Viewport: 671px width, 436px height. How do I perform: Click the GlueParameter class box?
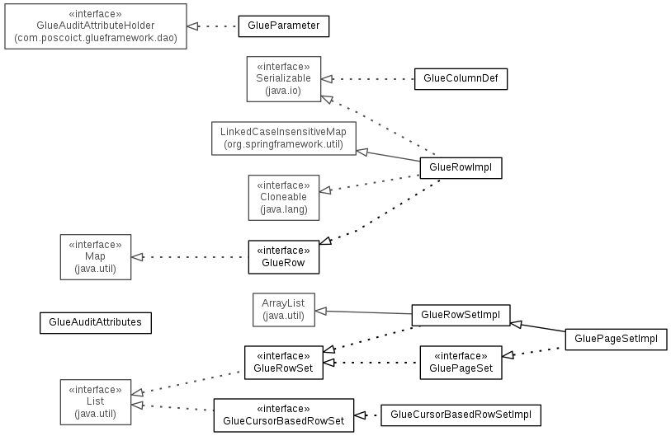pyautogui.click(x=284, y=26)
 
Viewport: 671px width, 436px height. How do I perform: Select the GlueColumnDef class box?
pyautogui.click(x=461, y=78)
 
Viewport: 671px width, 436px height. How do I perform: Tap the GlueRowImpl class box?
pyautogui.click(x=461, y=167)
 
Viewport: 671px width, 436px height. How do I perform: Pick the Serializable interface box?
pyautogui.click(x=284, y=79)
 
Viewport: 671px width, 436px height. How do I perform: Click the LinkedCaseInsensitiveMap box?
pyautogui.click(x=284, y=138)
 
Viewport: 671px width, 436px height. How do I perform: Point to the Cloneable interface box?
pyautogui.click(x=284, y=198)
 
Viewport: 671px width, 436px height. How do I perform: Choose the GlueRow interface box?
pyautogui.click(x=284, y=257)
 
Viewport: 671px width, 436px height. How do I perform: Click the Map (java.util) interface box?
pyautogui.click(x=96, y=257)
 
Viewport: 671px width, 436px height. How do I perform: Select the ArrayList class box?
pyautogui.click(x=284, y=309)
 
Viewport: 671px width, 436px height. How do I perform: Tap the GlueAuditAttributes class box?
pyautogui.click(x=96, y=323)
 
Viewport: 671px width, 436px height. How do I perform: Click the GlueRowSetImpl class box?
pyautogui.click(x=461, y=315)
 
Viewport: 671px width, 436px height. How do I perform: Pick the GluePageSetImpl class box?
pyautogui.click(x=616, y=339)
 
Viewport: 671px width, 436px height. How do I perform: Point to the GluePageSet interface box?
pyautogui.click(x=461, y=363)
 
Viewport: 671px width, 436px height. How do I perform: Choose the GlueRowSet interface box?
pyautogui.click(x=284, y=363)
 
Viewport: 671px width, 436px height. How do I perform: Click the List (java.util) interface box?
pyautogui.click(x=96, y=402)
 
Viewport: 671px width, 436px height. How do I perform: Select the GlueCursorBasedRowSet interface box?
pyautogui.click(x=284, y=415)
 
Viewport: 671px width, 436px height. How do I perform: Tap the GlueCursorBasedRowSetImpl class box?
pyautogui.click(x=461, y=415)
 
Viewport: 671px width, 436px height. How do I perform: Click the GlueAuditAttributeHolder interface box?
pyautogui.click(x=96, y=26)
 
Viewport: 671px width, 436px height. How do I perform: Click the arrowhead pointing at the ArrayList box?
pyautogui.click(x=321, y=312)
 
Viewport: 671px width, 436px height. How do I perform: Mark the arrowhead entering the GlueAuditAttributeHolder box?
pyautogui.click(x=193, y=26)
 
